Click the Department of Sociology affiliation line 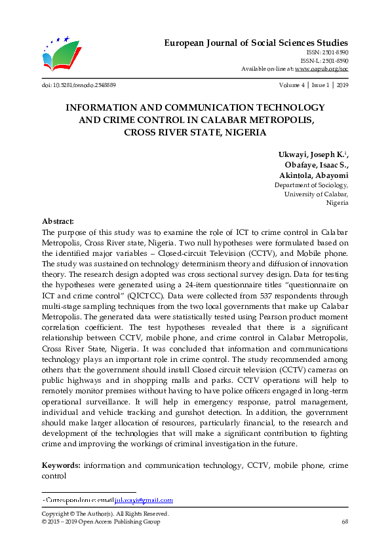(311, 185)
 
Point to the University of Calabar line (316, 194)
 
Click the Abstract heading (58, 222)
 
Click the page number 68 (344, 522)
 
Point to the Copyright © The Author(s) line (106, 514)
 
